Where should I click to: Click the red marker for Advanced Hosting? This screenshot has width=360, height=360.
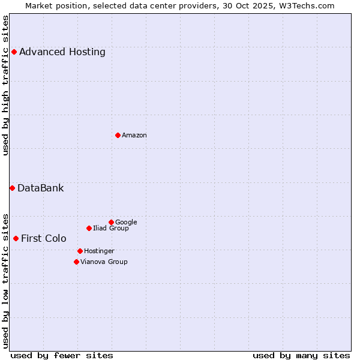point(14,52)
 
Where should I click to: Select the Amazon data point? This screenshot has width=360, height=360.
point(118,135)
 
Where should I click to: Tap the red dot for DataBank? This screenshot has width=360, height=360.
point(12,188)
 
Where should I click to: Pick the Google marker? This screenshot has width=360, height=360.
point(111,222)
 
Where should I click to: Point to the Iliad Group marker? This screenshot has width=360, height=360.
point(89,228)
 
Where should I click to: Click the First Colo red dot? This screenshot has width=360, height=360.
point(16,238)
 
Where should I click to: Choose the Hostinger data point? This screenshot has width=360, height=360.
point(80,251)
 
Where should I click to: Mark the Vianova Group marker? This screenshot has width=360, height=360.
point(76,262)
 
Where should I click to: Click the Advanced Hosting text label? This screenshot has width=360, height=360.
point(62,52)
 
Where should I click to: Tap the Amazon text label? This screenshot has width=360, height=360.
point(134,135)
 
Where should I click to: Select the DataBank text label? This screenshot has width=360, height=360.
point(41,188)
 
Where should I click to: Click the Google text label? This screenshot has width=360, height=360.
point(126,222)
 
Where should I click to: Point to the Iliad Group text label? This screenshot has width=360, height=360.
point(111,228)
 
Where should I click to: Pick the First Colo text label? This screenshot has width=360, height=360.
point(44,238)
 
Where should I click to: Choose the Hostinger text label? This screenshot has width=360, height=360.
point(99,251)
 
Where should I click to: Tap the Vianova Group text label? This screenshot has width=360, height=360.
point(104,262)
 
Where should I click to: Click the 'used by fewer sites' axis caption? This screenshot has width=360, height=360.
point(62,355)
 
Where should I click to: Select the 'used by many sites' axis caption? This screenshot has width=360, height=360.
point(301,355)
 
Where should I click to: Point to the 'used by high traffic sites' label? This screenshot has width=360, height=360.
point(5,85)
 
